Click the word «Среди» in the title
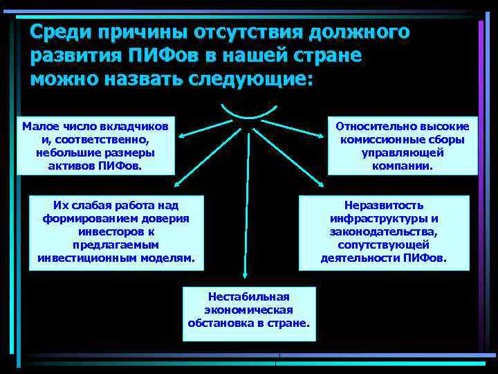coord(62,32)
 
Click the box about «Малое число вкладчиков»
coord(96,145)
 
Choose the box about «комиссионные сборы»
coord(402,145)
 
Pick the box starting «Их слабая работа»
coord(116,232)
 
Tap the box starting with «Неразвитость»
coord(383,232)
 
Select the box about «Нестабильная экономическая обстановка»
coord(248,313)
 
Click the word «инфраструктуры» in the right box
coord(384,219)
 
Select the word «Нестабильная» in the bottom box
coord(249,296)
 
